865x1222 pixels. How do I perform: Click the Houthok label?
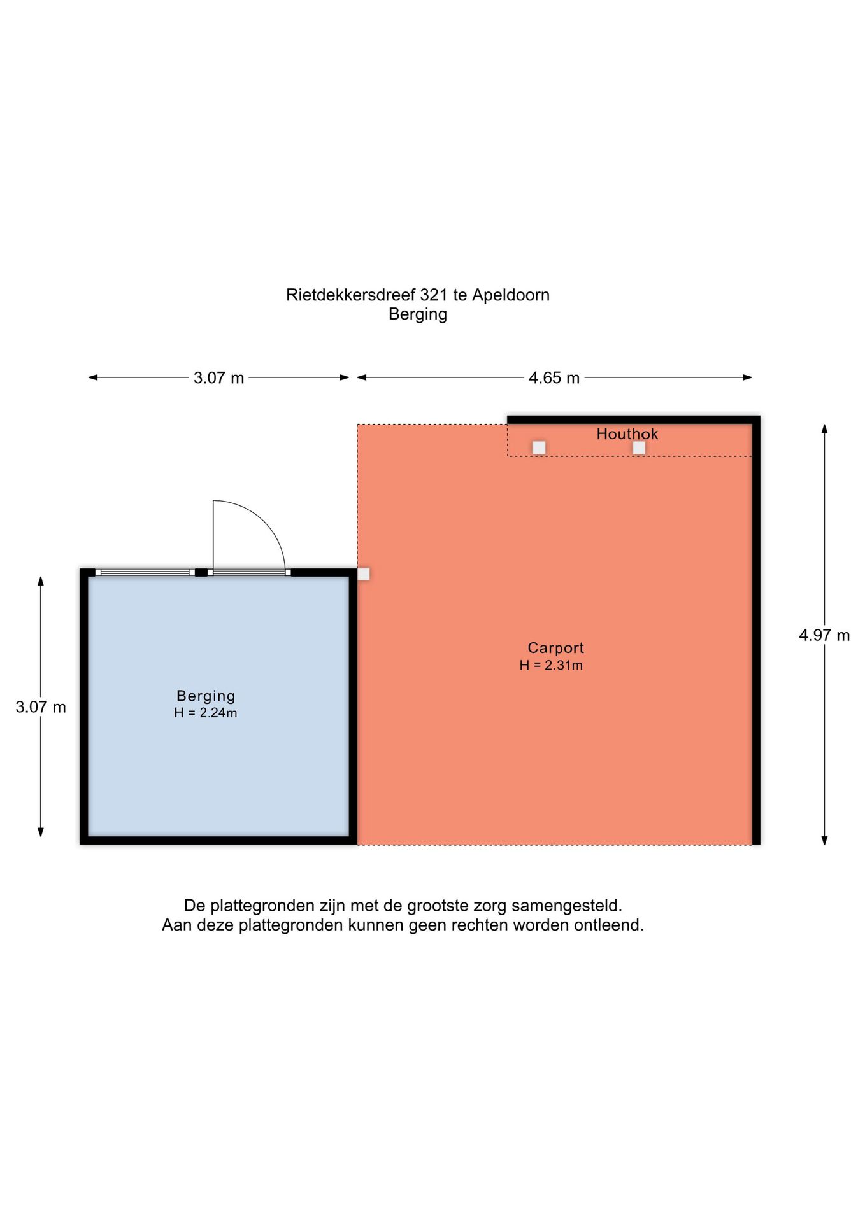pos(627,434)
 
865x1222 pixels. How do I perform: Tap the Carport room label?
pos(555,648)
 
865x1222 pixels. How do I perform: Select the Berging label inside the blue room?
pos(206,696)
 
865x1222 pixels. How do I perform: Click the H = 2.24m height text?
pos(206,713)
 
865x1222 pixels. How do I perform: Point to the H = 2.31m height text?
pos(551,665)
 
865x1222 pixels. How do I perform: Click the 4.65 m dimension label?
pos(554,378)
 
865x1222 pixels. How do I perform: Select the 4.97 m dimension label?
pos(824,635)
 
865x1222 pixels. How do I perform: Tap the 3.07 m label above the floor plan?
pos(219,378)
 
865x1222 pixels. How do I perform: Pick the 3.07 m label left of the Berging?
pos(41,707)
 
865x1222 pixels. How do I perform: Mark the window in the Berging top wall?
pos(145,573)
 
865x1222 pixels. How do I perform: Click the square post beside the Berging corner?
pos(364,574)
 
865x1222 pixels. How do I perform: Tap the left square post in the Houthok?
pos(539,448)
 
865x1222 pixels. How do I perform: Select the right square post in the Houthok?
pos(639,448)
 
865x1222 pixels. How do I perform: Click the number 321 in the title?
pos(434,295)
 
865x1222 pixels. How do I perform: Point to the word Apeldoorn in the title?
pos(511,296)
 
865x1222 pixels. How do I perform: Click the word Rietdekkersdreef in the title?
pos(350,295)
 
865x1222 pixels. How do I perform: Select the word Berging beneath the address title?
pos(418,314)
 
